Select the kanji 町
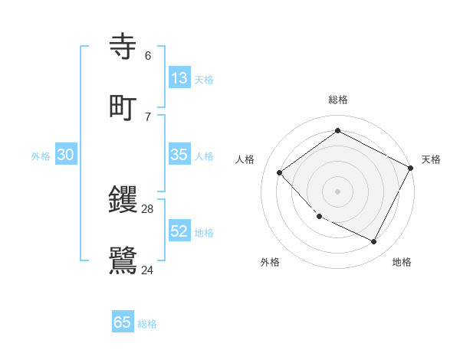tap(123, 107)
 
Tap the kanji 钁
tap(123, 201)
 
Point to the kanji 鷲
tap(123, 260)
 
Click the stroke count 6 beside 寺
tap(148, 56)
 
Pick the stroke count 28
tap(148, 209)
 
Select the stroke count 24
tap(148, 270)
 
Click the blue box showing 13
tap(179, 78)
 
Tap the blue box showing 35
tap(179, 155)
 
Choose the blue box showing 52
tap(179, 231)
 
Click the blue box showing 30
tap(66, 155)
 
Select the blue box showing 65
tap(123, 322)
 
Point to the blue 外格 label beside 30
tap(41, 156)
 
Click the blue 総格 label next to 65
tap(147, 324)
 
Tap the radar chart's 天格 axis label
tap(431, 159)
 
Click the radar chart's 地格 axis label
tap(402, 262)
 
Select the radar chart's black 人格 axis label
tap(245, 159)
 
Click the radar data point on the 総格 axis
tap(337, 130)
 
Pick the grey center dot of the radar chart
tap(337, 191)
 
